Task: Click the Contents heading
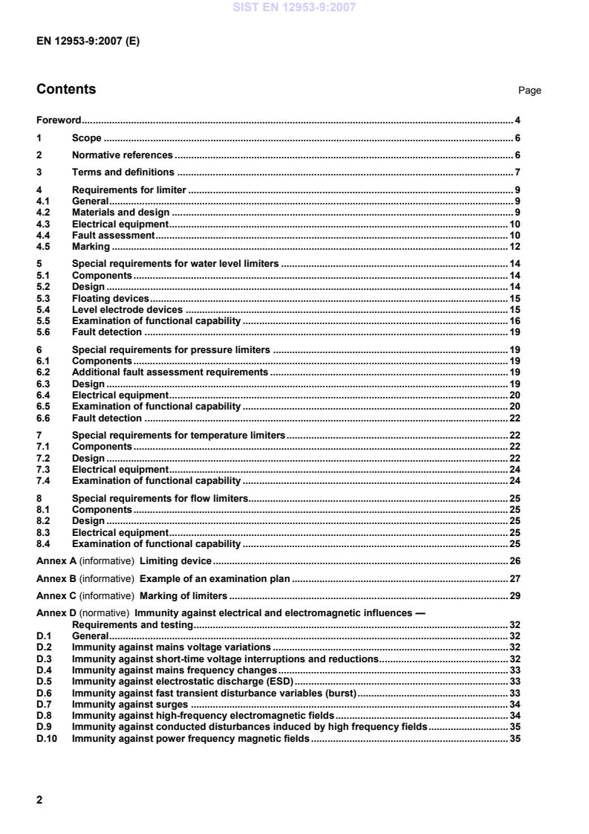pyautogui.click(x=66, y=89)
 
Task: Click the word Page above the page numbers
pyautogui.click(x=530, y=91)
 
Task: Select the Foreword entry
pyautogui.click(x=59, y=120)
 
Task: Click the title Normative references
pyautogui.click(x=123, y=155)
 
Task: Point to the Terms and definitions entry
pyautogui.click(x=123, y=172)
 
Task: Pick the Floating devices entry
pyautogui.click(x=110, y=298)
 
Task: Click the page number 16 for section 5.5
pyautogui.click(x=514, y=321)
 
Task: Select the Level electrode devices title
pyautogui.click(x=127, y=309)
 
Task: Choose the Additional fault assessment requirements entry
pyautogui.click(x=170, y=372)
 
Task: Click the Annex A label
pyautogui.click(x=56, y=560)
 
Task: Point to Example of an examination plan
pyautogui.click(x=220, y=578)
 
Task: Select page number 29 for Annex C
pyautogui.click(x=514, y=595)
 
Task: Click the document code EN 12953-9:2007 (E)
pyautogui.click(x=88, y=42)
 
